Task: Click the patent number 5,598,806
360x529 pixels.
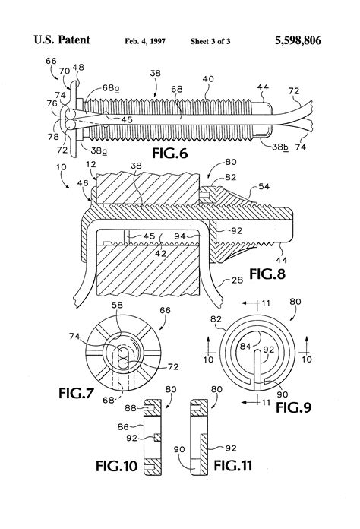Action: [x=298, y=40]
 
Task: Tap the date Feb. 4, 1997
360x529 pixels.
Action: [x=145, y=41]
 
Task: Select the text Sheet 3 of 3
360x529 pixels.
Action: [x=210, y=41]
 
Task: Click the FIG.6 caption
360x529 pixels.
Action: [x=169, y=153]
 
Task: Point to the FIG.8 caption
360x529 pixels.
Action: [x=267, y=274]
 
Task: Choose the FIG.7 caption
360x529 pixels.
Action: [x=76, y=393]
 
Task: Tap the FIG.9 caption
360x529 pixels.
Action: [x=294, y=407]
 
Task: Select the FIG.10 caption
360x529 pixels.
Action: [x=117, y=466]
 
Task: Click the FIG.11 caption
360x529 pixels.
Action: [x=233, y=466]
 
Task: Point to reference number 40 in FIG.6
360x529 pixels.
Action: [x=208, y=79]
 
